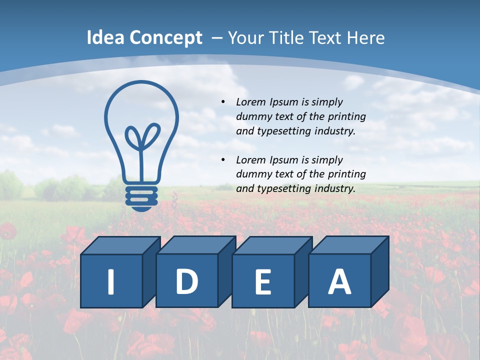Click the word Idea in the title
point(105,38)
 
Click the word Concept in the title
point(166,38)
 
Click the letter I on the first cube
point(111,281)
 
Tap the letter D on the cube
point(186,281)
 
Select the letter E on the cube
point(262,281)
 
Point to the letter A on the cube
point(339,281)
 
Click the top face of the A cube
point(348,245)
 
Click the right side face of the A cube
point(379,272)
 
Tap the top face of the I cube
point(120,245)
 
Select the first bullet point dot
point(223,102)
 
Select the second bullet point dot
point(223,160)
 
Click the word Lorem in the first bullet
point(251,102)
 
